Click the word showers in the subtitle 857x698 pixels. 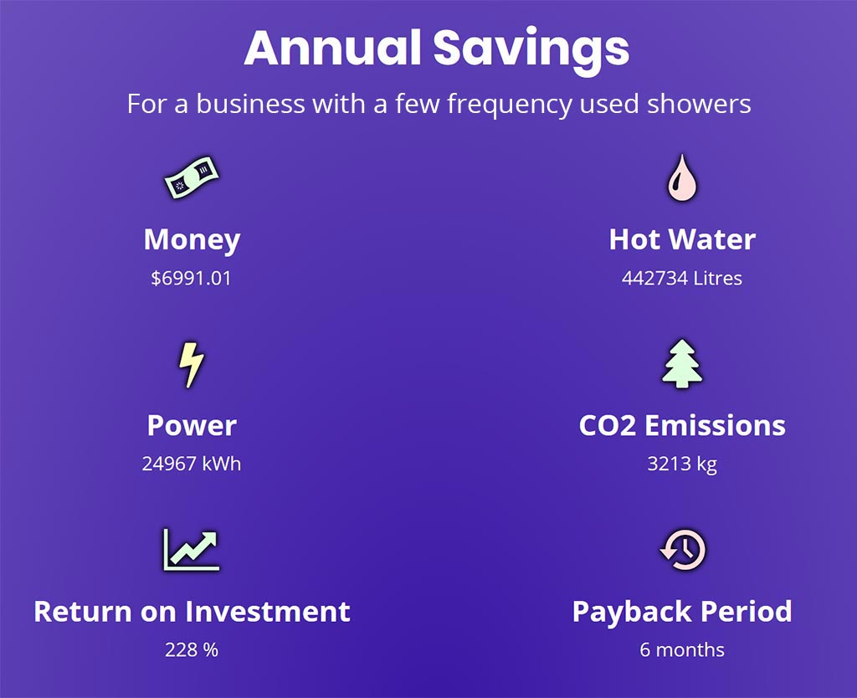pyautogui.click(x=699, y=103)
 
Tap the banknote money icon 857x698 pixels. pyautogui.click(x=192, y=177)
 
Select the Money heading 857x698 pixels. pyautogui.click(x=192, y=240)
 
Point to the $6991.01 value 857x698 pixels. pyautogui.click(x=192, y=278)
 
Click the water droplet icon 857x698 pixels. pyautogui.click(x=682, y=177)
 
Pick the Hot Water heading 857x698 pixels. pyautogui.click(x=682, y=239)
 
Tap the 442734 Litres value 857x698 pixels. pyautogui.click(x=682, y=278)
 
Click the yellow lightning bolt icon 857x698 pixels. pyautogui.click(x=192, y=365)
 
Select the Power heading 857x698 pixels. pyautogui.click(x=192, y=425)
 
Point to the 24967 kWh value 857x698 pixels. pyautogui.click(x=192, y=464)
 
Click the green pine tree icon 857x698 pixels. pyautogui.click(x=682, y=364)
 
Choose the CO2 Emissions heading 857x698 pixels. pyautogui.click(x=682, y=425)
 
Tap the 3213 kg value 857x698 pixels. pyautogui.click(x=682, y=464)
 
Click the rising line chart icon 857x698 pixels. pyautogui.click(x=192, y=550)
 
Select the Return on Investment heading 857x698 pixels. pyautogui.click(x=192, y=611)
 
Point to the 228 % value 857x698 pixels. pyautogui.click(x=192, y=649)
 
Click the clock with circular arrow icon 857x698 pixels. pyautogui.click(x=683, y=550)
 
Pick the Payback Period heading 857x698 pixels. pyautogui.click(x=682, y=612)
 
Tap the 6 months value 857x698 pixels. pyautogui.click(x=682, y=649)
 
